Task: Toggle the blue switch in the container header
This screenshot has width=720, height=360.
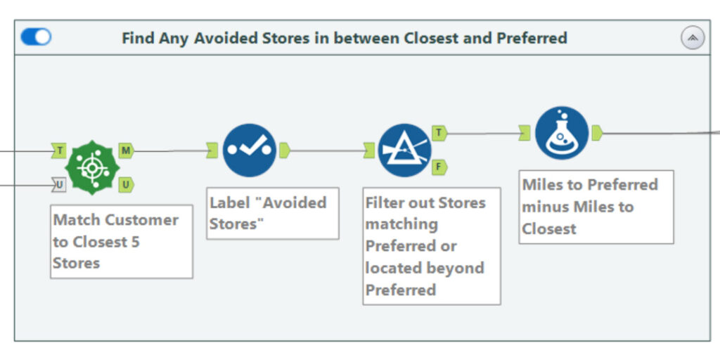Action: coord(36,37)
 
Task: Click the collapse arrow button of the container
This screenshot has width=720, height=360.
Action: coord(693,38)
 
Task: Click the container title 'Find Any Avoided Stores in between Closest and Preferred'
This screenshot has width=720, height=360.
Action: coord(345,38)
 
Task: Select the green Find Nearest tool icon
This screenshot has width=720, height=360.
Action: coord(92,167)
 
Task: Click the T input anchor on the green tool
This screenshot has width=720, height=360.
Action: coord(59,150)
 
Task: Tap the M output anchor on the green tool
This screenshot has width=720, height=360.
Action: coord(126,150)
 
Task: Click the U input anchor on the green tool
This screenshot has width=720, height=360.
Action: coord(59,185)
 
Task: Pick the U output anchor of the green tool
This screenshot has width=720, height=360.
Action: coord(127,185)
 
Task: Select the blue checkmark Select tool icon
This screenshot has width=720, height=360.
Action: coord(250,150)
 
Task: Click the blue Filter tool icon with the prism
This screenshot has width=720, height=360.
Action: coord(404,150)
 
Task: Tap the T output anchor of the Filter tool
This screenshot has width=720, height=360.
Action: coord(439,133)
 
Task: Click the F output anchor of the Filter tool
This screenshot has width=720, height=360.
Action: coord(439,167)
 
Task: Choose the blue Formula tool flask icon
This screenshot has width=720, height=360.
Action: coord(562,133)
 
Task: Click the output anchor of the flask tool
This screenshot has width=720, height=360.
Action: coord(597,133)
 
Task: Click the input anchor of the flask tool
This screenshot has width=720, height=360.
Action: coord(525,133)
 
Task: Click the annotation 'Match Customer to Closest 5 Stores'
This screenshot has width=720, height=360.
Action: coord(122,242)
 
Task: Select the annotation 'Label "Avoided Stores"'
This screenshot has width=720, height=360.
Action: coord(273,213)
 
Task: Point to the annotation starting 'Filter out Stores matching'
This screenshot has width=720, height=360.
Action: coord(432,246)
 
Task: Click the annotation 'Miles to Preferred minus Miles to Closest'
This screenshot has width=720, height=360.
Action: coord(596,207)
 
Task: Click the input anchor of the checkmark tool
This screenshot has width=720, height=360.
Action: coord(212,150)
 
